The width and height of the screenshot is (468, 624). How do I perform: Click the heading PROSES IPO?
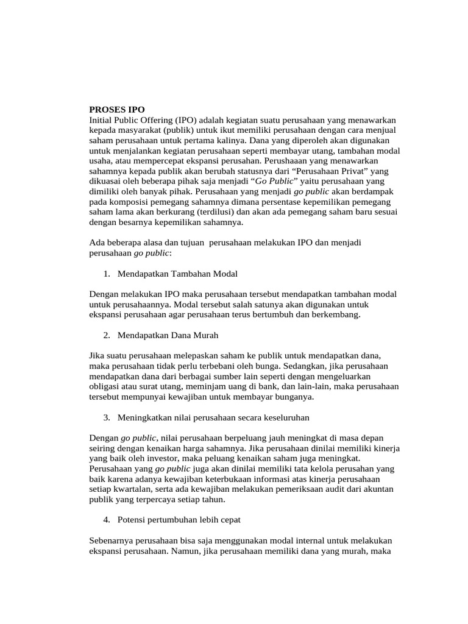pyautogui.click(x=117, y=110)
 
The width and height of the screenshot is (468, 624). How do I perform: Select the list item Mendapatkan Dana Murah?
pyautogui.click(x=168, y=335)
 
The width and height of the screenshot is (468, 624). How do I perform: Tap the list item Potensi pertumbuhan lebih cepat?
pyautogui.click(x=179, y=520)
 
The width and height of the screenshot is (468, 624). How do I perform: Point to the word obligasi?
pyautogui.click(x=107, y=386)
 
